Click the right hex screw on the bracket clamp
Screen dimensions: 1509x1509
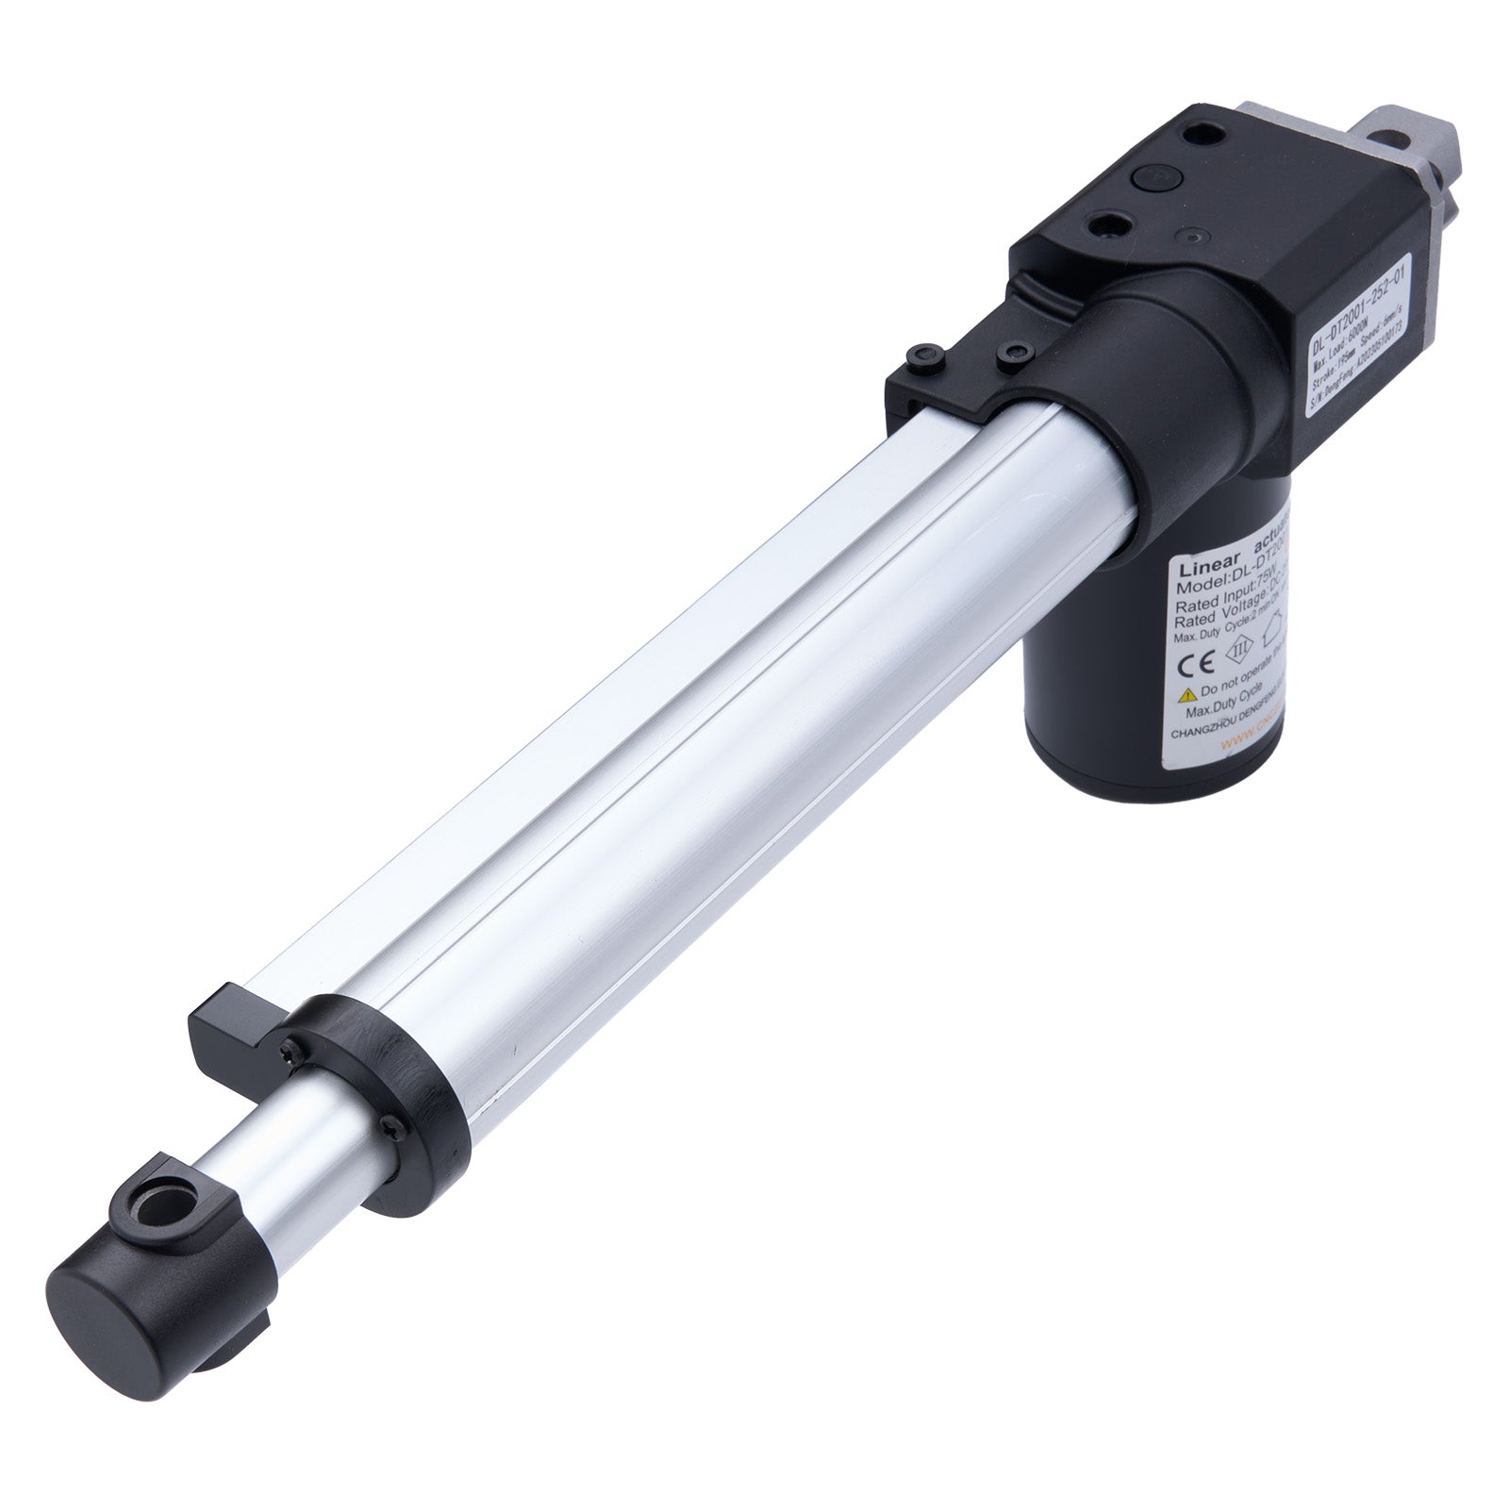pos(1013,353)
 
